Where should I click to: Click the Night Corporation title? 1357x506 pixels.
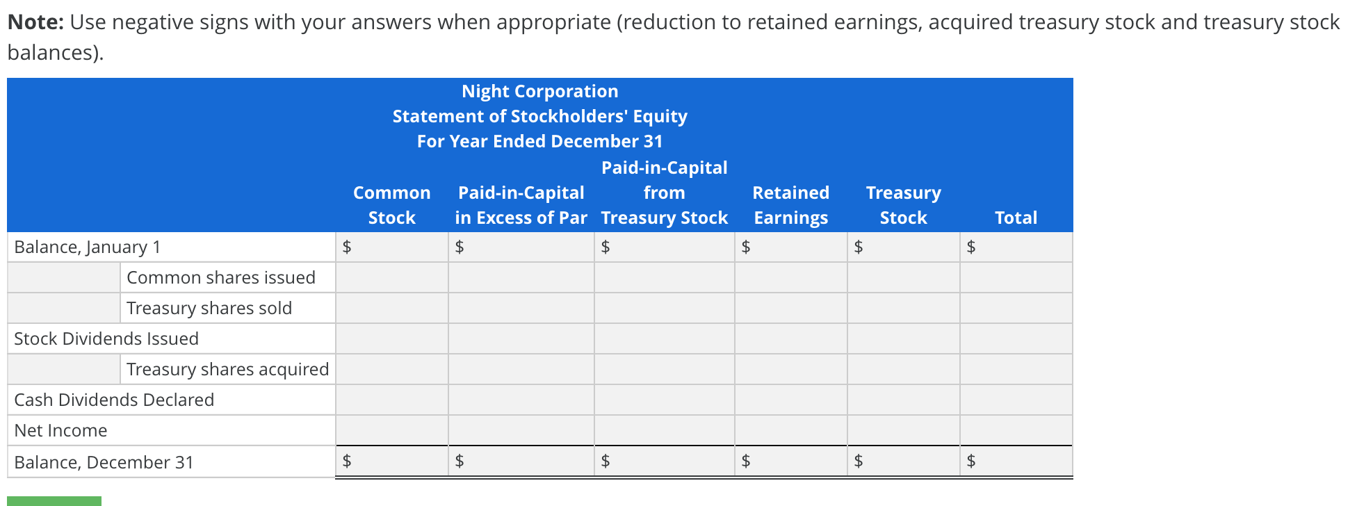click(x=539, y=91)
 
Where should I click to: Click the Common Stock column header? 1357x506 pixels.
click(x=391, y=205)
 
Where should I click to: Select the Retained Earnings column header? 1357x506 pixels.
click(x=790, y=205)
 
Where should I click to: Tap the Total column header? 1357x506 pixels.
click(x=1016, y=218)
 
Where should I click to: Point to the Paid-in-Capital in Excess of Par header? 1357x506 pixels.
click(x=521, y=205)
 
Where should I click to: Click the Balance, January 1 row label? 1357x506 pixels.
click(x=88, y=247)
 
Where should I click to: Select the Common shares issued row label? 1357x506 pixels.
click(x=221, y=277)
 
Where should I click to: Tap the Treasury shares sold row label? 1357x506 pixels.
click(x=209, y=308)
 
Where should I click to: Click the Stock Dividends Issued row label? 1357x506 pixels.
click(x=106, y=338)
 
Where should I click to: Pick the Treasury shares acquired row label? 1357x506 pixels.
click(x=227, y=369)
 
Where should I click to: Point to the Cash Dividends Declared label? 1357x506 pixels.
click(x=114, y=400)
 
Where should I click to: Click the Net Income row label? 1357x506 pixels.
click(x=61, y=430)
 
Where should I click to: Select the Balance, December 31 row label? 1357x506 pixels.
click(x=104, y=462)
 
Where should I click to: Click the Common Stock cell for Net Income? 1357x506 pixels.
click(x=392, y=430)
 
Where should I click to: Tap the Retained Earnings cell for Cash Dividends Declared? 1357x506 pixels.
click(x=791, y=400)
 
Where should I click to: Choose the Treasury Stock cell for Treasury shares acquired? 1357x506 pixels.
click(x=904, y=369)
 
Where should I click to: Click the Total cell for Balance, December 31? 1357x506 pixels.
click(x=1023, y=461)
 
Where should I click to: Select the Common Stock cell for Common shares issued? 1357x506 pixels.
click(x=392, y=277)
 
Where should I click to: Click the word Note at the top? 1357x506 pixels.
click(x=35, y=22)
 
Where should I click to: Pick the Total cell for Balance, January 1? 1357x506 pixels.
click(x=1023, y=247)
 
